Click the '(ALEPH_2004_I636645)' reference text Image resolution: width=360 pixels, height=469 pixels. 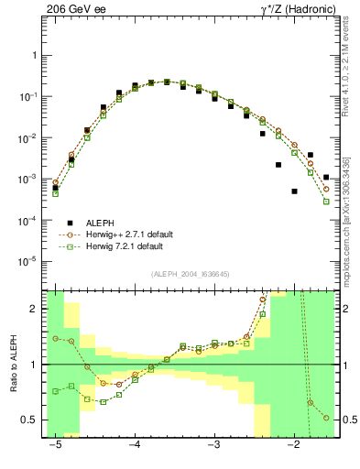pyautogui.click(x=191, y=275)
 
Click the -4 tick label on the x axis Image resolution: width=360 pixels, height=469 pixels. pyautogui.click(x=135, y=446)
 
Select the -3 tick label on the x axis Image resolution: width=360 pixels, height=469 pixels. pyautogui.click(x=214, y=446)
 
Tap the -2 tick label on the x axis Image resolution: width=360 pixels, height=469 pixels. pyautogui.click(x=294, y=446)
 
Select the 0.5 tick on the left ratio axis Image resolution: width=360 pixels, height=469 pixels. pyautogui.click(x=31, y=420)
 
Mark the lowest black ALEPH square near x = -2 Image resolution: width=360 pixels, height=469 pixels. pyautogui.click(x=294, y=191)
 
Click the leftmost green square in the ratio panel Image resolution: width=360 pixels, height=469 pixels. pyautogui.click(x=56, y=391)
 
